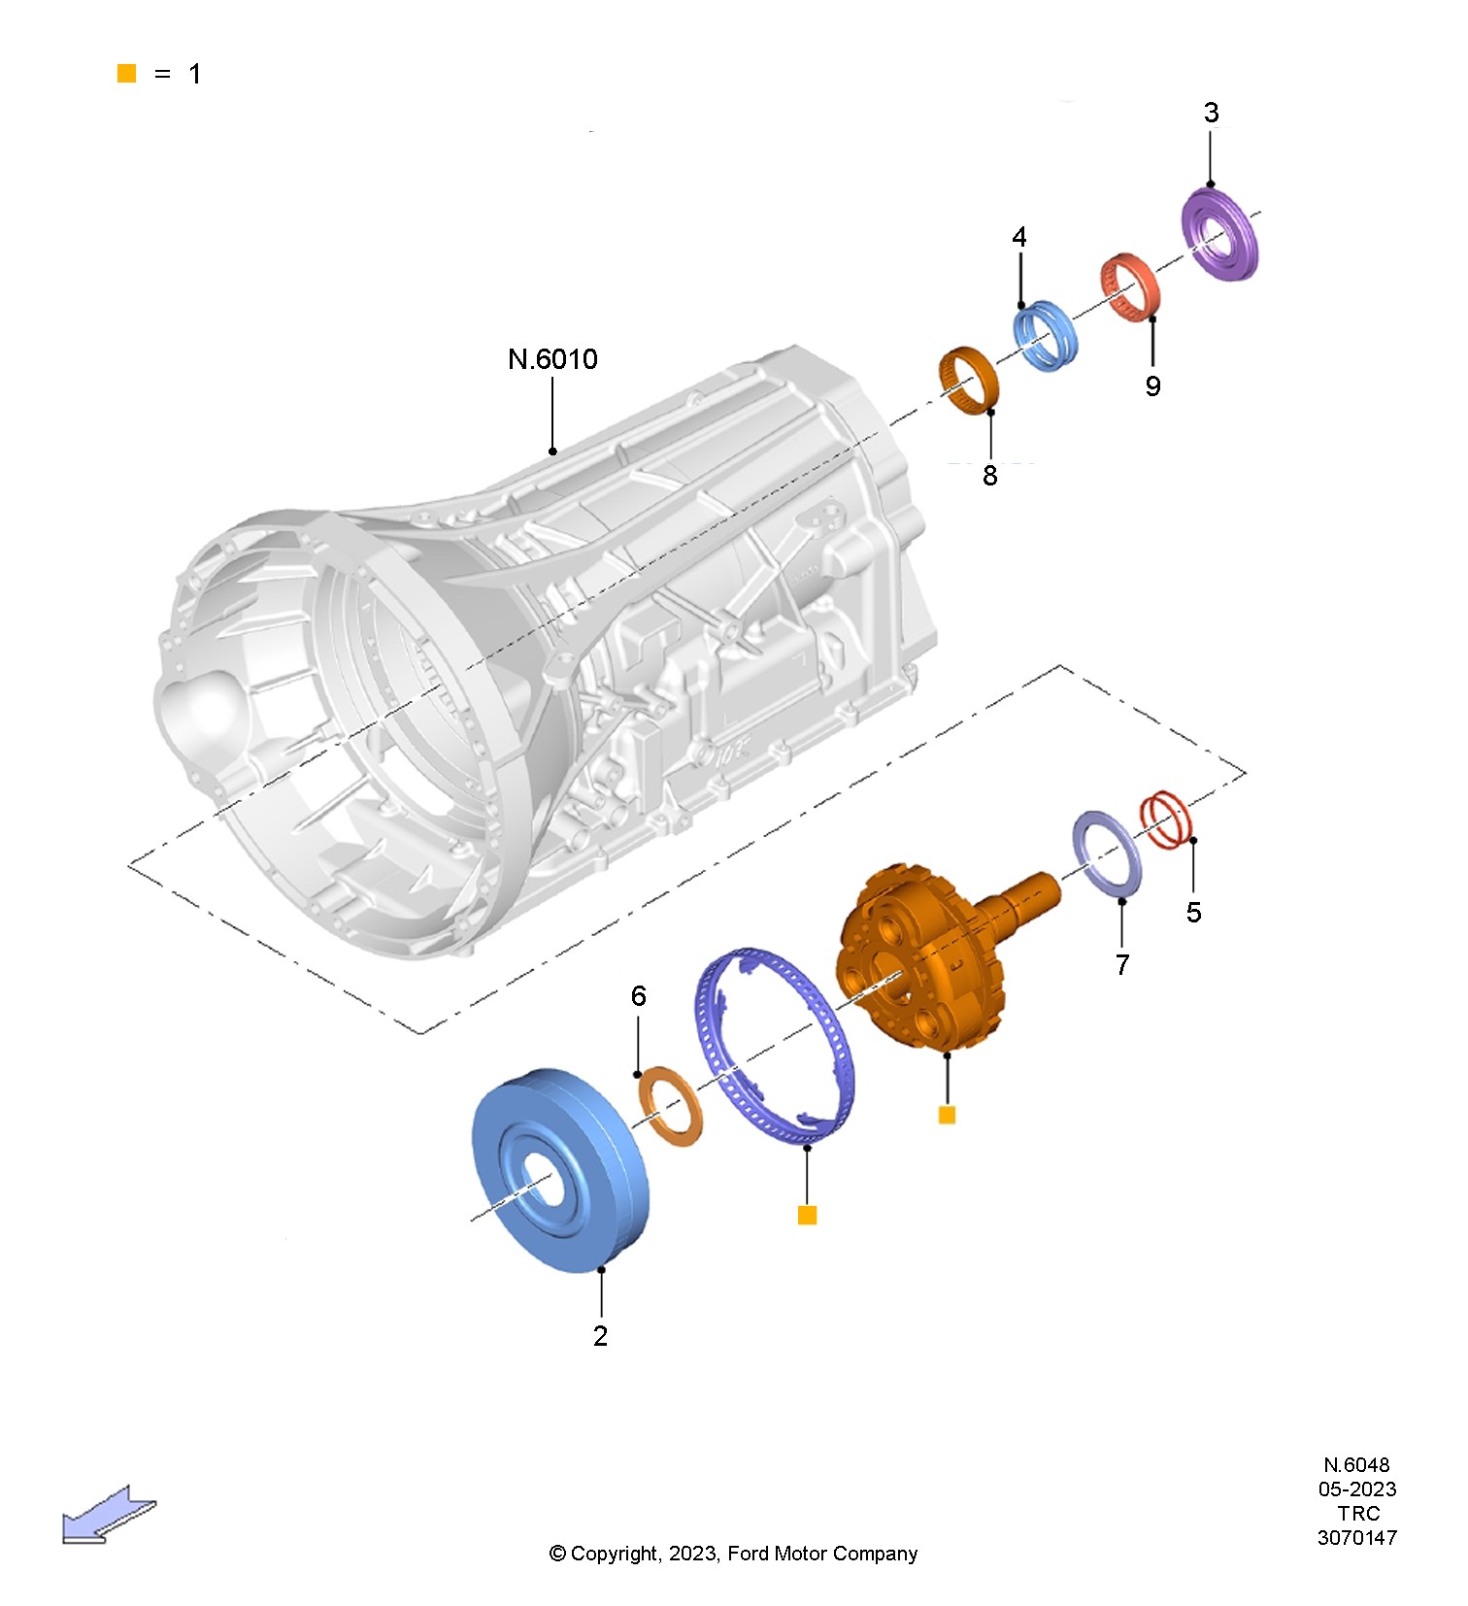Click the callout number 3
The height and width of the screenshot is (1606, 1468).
pyautogui.click(x=1211, y=113)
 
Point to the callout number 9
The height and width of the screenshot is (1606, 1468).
pyautogui.click(x=1152, y=386)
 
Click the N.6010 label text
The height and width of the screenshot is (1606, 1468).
pyautogui.click(x=552, y=359)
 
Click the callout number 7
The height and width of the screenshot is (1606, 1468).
pyautogui.click(x=1122, y=964)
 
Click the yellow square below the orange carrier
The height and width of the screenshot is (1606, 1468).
pyautogui.click(x=947, y=1115)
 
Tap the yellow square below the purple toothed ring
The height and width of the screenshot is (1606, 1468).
pyautogui.click(x=807, y=1215)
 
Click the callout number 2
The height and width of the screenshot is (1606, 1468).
pyautogui.click(x=600, y=1336)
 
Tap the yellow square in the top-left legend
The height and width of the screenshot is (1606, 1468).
pyautogui.click(x=126, y=74)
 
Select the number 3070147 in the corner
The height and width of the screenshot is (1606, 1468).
pyautogui.click(x=1356, y=1537)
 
